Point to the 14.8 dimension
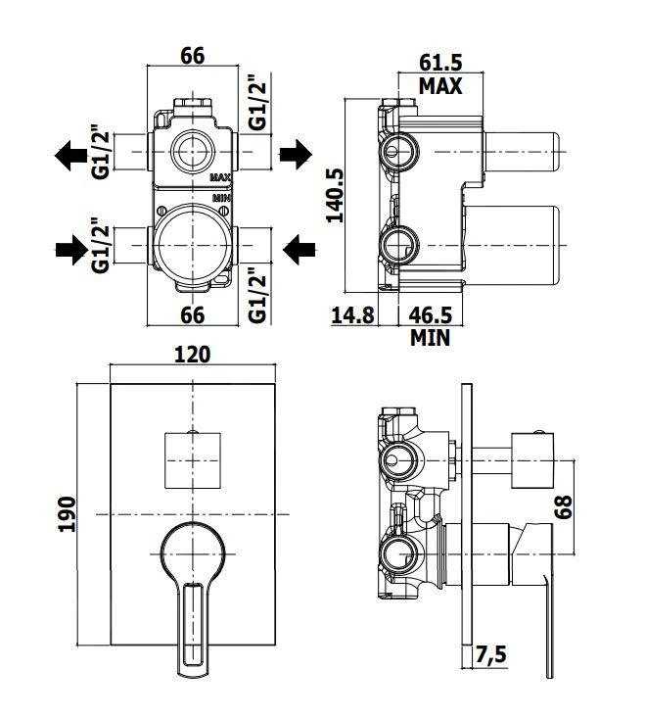[x=354, y=315]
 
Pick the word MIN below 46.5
[x=431, y=338]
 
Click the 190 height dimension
[x=67, y=512]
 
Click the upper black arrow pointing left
[x=72, y=154]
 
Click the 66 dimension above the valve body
[x=192, y=57]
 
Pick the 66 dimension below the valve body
[x=192, y=315]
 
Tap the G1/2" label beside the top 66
[x=256, y=102]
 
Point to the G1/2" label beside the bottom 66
[x=256, y=296]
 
